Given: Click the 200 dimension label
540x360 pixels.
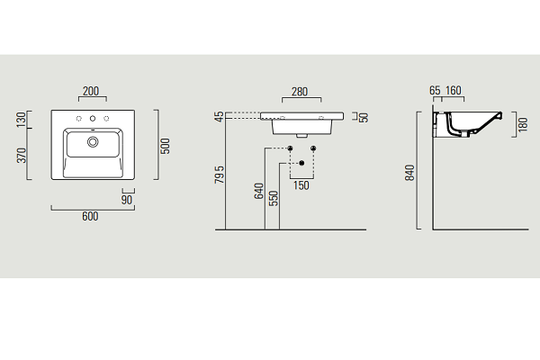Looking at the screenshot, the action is tap(91, 91).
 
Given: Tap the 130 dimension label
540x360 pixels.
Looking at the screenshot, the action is tap(22, 119).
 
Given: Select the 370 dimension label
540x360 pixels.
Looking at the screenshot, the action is tap(22, 156).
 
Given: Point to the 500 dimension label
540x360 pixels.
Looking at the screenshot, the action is tap(166, 146).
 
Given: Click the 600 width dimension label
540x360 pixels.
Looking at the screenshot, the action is tap(90, 216).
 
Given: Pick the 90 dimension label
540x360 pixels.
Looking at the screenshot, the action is tap(127, 200).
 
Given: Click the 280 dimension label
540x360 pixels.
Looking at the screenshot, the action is tap(300, 92).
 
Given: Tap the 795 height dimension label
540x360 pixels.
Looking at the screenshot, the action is tap(220, 175).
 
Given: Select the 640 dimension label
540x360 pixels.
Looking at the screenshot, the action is tap(258, 191).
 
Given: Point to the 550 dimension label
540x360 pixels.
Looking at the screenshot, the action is tap(273, 198).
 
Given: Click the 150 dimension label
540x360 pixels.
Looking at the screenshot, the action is tap(301, 185).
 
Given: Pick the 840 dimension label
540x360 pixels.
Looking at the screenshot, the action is tap(409, 173).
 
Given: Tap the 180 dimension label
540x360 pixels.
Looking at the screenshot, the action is tap(523, 124).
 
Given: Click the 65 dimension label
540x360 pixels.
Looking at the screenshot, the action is tap(435, 91).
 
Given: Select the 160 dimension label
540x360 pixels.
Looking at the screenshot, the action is tap(454, 91).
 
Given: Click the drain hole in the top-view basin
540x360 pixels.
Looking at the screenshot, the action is tap(93, 141).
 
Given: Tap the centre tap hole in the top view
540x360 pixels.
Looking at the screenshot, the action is tap(93, 119).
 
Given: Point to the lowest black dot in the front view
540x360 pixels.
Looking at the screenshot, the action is tap(301, 163).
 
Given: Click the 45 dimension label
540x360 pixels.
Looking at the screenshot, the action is tap(219, 117).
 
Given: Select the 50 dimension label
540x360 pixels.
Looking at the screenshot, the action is tap(364, 118).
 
